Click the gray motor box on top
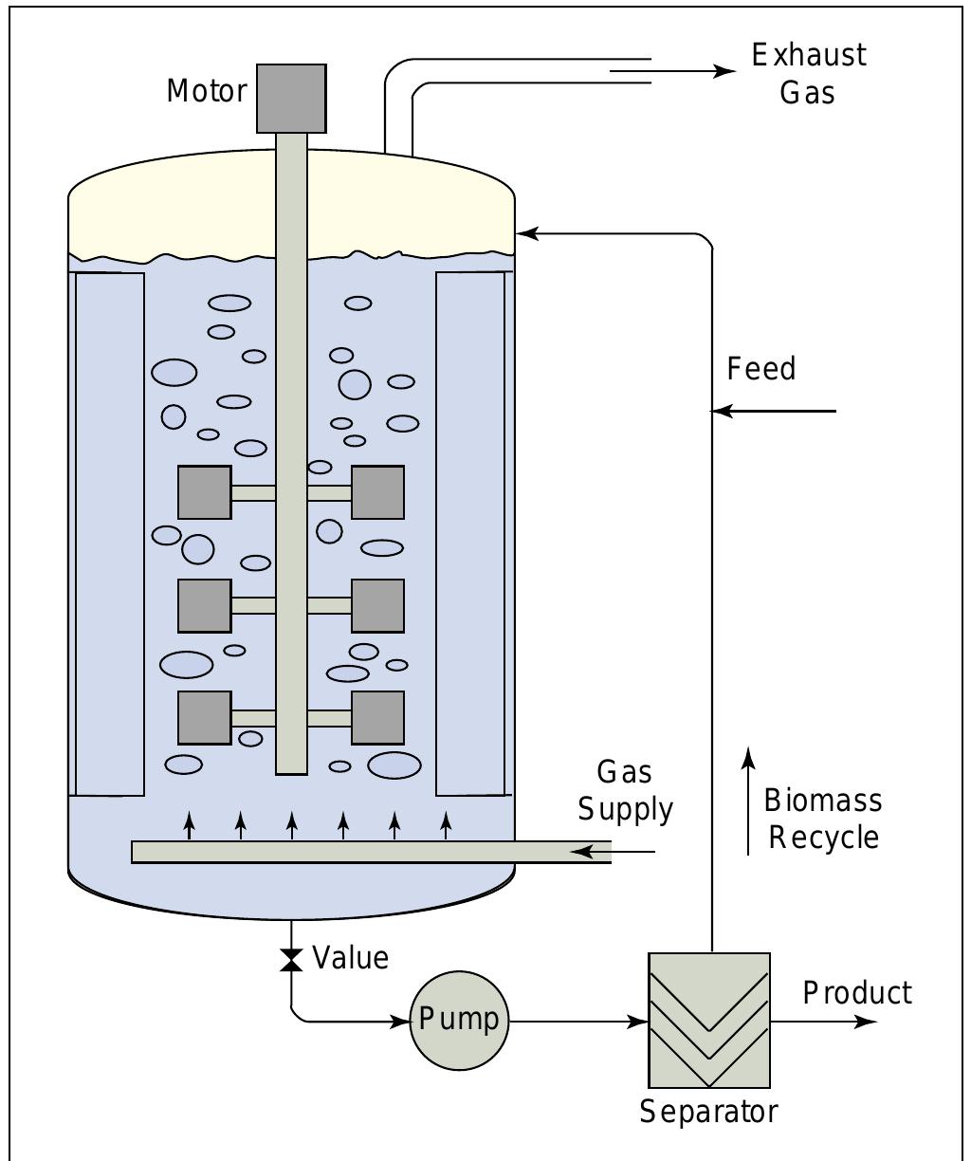coord(291,99)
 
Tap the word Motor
coord(207,91)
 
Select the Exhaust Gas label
coord(808,73)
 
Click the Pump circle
coord(459,1022)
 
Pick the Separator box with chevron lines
coord(708,1021)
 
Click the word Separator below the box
coord(708,1111)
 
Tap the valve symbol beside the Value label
coord(291,960)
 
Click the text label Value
coord(350,958)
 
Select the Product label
coord(857,993)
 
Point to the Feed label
coord(761,369)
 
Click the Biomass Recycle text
coord(823,820)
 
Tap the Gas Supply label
coord(626,791)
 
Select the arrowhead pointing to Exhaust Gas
coord(724,71)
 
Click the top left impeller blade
coord(205,492)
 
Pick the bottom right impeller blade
coord(377,718)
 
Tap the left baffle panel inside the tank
coord(109,534)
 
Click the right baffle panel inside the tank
coord(470,534)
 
